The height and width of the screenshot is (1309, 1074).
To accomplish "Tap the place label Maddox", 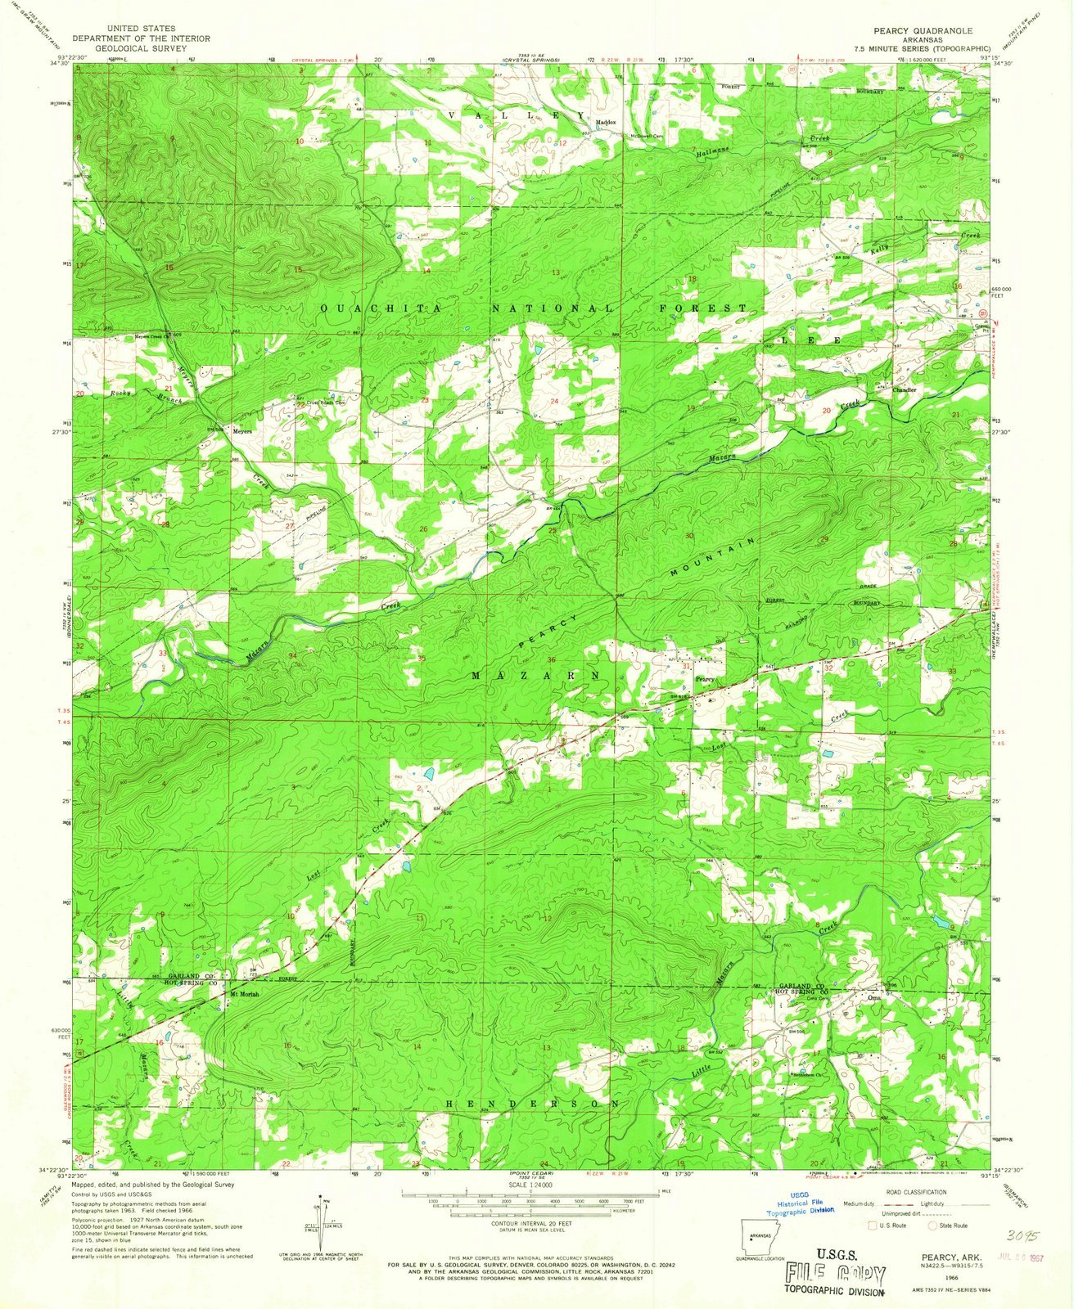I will point(606,123).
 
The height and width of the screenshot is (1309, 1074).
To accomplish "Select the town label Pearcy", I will point(706,679).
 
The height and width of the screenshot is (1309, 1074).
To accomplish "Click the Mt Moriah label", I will point(245,994).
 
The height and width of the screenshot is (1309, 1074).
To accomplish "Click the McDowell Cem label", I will point(645,137).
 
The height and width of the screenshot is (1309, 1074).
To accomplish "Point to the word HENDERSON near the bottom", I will point(532,1104).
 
